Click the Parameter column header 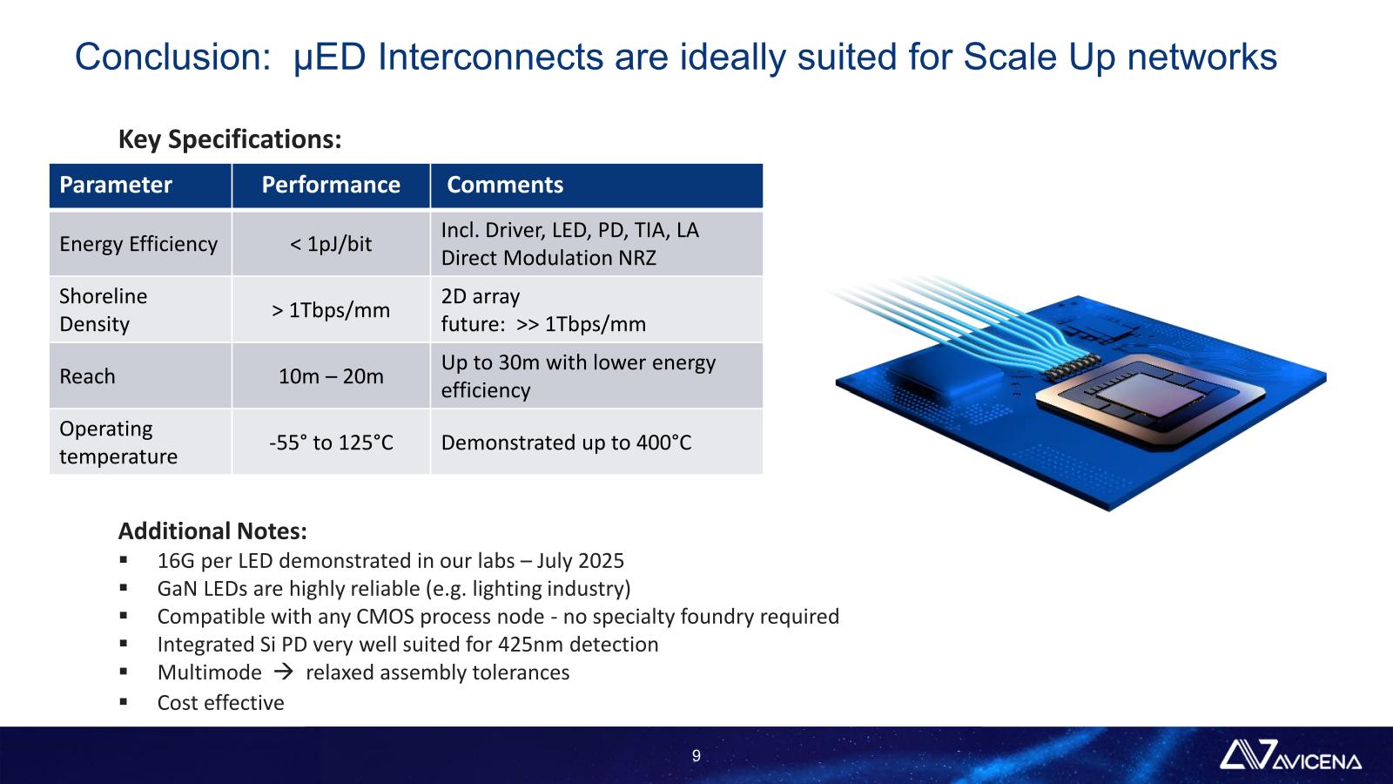tap(116, 185)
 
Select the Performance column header tap(331, 185)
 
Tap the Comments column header tap(505, 185)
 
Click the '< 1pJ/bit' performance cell tap(331, 244)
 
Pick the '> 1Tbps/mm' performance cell tap(331, 310)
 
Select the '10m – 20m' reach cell tap(331, 376)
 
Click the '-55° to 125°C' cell tap(331, 443)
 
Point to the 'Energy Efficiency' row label tap(138, 244)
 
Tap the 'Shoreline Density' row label tap(104, 310)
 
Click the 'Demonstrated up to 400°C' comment tap(566, 443)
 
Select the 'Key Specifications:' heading tap(230, 139)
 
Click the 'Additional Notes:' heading tap(212, 531)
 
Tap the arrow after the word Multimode tap(284, 672)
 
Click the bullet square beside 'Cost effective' tap(123, 702)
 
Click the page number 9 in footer tap(696, 756)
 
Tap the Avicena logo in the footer tap(1289, 754)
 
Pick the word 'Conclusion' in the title tap(172, 57)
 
